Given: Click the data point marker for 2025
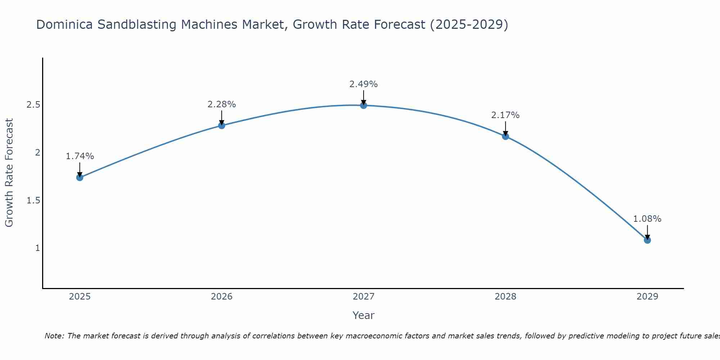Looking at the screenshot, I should pyautogui.click(x=80, y=177).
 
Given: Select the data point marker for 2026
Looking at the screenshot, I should pyautogui.click(x=222, y=126).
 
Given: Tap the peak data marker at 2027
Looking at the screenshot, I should pyautogui.click(x=364, y=105).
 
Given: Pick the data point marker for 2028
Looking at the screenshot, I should pyautogui.click(x=505, y=136).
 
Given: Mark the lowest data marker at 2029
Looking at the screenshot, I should pyautogui.click(x=647, y=240).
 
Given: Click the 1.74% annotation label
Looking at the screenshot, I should pyautogui.click(x=80, y=156).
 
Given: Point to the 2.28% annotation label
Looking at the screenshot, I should pyautogui.click(x=222, y=104).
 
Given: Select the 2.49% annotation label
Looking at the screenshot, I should pyautogui.click(x=364, y=84).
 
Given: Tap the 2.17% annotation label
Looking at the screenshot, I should pyautogui.click(x=505, y=115).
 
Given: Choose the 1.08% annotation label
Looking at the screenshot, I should pyautogui.click(x=647, y=219).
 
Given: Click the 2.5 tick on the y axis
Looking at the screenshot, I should pyautogui.click(x=33, y=105).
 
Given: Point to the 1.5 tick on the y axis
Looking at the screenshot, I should pyautogui.click(x=33, y=201).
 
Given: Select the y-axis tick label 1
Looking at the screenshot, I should pyautogui.click(x=37, y=248).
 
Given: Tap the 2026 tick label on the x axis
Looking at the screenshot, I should pyautogui.click(x=222, y=297).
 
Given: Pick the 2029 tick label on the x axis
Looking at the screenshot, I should pyautogui.click(x=647, y=297).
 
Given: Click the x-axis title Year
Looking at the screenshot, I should pyautogui.click(x=364, y=315).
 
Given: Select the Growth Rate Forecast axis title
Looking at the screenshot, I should pyautogui.click(x=9, y=173).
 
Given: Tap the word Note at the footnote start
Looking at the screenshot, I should pyautogui.click(x=54, y=336).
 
